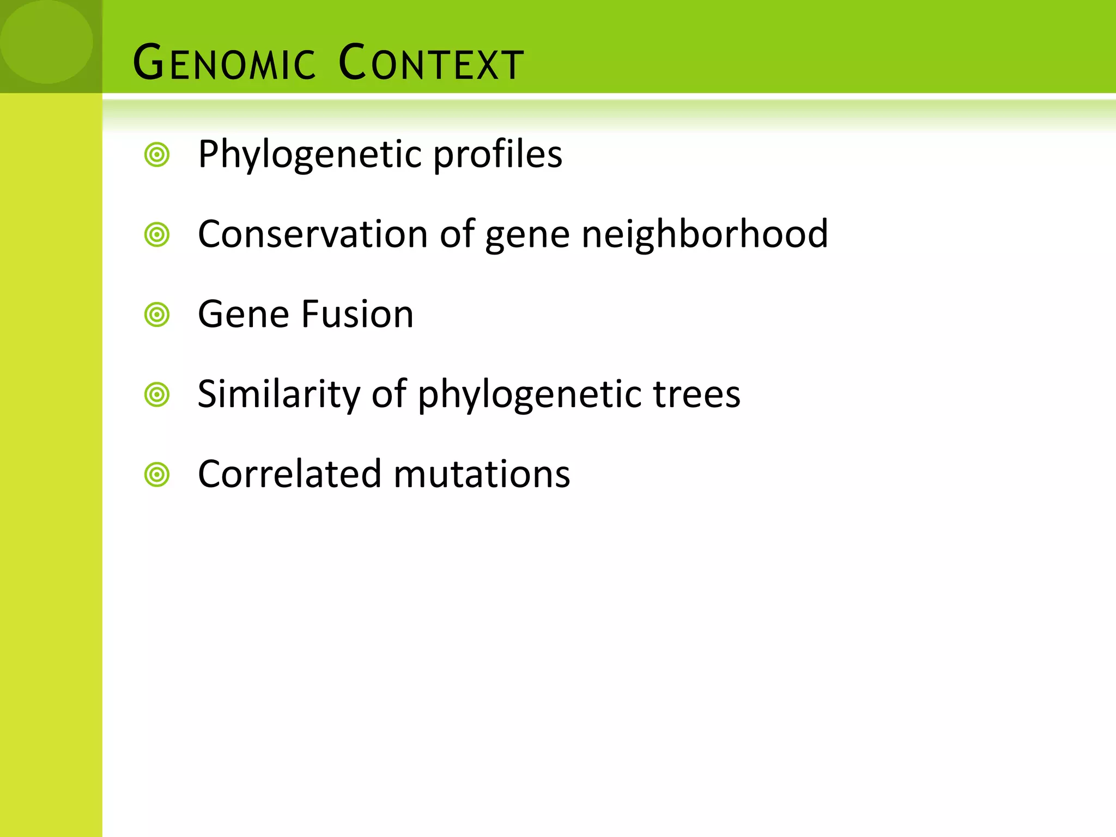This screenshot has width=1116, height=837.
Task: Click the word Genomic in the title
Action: (x=224, y=63)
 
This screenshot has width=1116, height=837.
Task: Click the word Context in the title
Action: (x=430, y=63)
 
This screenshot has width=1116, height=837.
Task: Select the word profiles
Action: (x=498, y=155)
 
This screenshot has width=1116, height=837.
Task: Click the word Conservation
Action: (x=313, y=234)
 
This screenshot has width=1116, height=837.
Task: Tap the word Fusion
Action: (x=357, y=314)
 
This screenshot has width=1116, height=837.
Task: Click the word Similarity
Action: (x=278, y=395)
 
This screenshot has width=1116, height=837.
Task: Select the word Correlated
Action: (x=289, y=474)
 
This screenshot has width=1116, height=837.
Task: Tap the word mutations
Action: (x=482, y=474)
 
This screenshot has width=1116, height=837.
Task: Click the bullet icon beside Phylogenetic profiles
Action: (x=157, y=155)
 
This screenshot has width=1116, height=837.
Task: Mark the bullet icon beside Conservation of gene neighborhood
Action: (x=157, y=235)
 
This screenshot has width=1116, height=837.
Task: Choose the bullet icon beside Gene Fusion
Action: (x=157, y=315)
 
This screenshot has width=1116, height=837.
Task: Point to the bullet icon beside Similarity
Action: (x=157, y=395)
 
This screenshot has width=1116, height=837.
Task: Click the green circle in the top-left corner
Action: (x=46, y=41)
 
